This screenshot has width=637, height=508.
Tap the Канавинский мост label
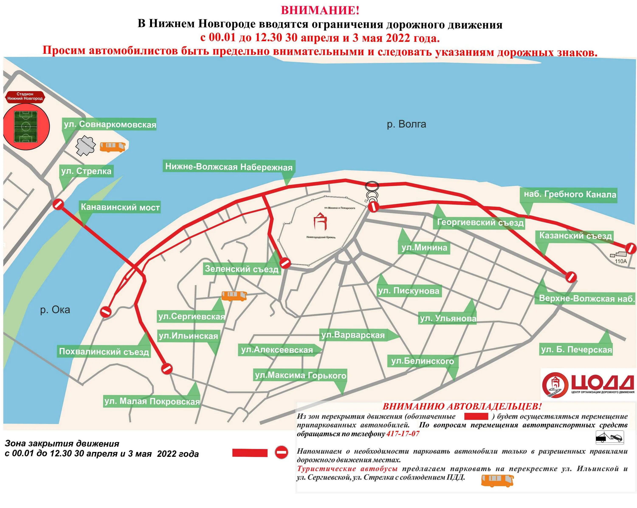120,207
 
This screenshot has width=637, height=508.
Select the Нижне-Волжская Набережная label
229,167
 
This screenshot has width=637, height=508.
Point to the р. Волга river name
407,124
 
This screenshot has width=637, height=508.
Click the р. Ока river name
55,310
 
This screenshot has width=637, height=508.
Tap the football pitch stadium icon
26,127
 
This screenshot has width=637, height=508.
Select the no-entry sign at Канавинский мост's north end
58,204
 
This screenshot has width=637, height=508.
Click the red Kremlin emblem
320,221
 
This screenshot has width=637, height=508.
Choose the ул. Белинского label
423,361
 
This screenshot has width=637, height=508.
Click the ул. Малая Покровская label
152,401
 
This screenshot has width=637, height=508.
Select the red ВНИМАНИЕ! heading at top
320,10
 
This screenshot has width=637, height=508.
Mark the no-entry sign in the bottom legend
281,452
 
